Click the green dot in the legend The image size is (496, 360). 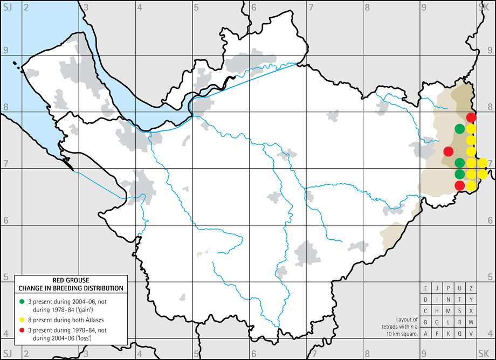click(21, 300)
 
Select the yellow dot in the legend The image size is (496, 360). click(21, 318)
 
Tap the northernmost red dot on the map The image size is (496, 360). click(471, 117)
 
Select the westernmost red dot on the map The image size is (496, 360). click(448, 151)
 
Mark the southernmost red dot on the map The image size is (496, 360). click(459, 185)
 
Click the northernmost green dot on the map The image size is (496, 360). click(459, 129)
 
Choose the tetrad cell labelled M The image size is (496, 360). click(448, 310)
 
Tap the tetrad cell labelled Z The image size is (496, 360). click(471, 288)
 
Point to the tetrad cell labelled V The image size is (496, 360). click(471, 333)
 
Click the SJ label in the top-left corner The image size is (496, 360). click(7, 6)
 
